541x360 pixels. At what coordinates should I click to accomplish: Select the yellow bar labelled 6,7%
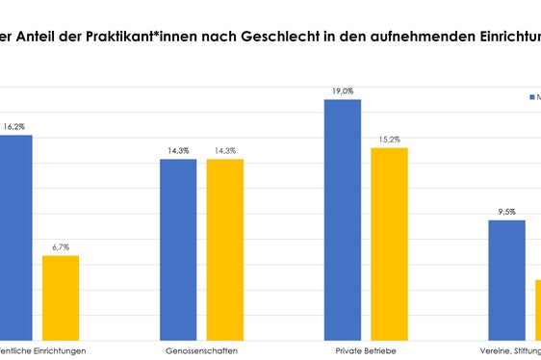[61, 297]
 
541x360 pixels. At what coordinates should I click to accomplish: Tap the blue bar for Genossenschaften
[178, 249]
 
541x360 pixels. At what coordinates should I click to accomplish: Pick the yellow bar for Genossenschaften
[224, 249]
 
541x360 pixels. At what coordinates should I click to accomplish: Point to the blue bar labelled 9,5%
[506, 280]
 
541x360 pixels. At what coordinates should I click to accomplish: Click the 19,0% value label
[343, 90]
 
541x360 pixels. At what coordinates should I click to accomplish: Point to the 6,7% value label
[61, 247]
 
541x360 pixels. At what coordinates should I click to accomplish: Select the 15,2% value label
[390, 139]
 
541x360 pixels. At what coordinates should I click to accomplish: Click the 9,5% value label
[506, 212]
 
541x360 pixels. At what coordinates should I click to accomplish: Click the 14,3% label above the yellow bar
[224, 150]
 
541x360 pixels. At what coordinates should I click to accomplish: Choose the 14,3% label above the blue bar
[178, 150]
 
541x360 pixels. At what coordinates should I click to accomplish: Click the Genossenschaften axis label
[201, 350]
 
